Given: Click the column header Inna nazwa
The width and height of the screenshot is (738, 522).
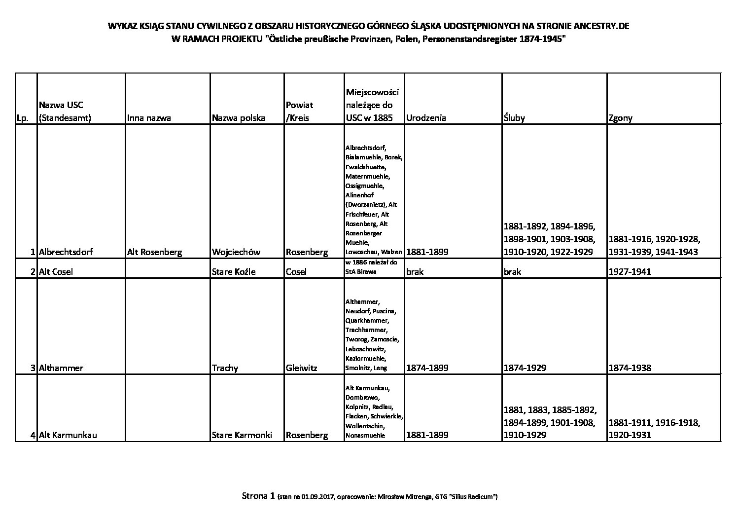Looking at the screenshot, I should click(x=149, y=118).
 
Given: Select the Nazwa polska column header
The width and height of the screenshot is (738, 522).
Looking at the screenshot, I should click(x=238, y=118).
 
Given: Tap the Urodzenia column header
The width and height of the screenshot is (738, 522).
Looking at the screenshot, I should click(x=426, y=118).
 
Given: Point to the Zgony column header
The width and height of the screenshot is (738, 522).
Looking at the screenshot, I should click(x=621, y=118).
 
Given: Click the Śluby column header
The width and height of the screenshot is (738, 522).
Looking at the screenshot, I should click(x=514, y=118).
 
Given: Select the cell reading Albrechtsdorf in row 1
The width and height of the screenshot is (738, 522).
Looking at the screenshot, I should click(x=66, y=252).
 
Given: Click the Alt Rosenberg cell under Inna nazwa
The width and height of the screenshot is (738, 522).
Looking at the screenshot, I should click(x=154, y=252).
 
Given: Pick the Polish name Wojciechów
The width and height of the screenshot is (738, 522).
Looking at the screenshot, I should click(x=236, y=252).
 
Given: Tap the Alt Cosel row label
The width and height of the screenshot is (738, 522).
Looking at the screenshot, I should click(x=55, y=271).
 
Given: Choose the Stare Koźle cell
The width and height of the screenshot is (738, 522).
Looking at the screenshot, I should click(x=233, y=271).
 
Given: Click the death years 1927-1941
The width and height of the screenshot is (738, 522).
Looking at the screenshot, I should click(x=630, y=271).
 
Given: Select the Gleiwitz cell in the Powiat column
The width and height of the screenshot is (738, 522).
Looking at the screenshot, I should click(x=301, y=368).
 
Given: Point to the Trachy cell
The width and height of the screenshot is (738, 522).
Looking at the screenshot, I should click(x=225, y=368).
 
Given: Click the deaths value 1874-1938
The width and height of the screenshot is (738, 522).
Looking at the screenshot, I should click(x=630, y=368).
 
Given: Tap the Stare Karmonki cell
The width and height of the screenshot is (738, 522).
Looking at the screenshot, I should click(x=242, y=435).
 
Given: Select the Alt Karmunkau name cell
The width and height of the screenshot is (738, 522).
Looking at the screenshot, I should click(x=68, y=435).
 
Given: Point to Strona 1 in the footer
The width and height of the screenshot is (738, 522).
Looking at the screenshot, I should click(x=258, y=496).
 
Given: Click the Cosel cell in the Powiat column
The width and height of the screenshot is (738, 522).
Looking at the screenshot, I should click(x=296, y=271).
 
